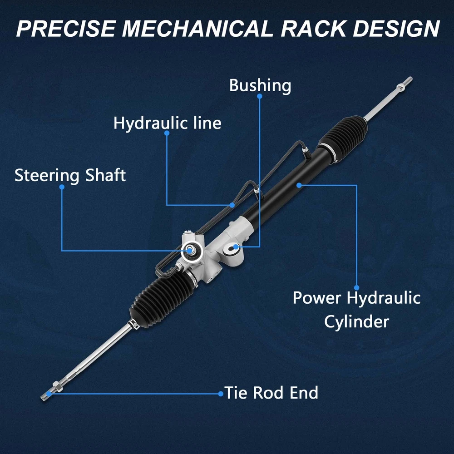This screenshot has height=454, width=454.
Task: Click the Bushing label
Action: click(x=260, y=86)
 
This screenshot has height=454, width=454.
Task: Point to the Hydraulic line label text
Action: click(x=168, y=123)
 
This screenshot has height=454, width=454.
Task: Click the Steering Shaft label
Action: click(x=70, y=175)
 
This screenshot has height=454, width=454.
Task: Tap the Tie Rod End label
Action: click(x=271, y=393)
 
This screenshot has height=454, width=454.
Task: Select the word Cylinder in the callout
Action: click(x=356, y=322)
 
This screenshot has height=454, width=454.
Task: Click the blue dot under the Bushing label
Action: click(x=260, y=96)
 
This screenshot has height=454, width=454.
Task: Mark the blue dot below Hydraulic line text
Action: click(x=167, y=133)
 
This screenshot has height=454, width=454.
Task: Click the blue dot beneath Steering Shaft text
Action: click(x=62, y=187)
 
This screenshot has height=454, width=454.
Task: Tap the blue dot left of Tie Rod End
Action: click(x=221, y=394)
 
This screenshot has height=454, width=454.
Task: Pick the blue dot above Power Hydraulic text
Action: click(x=357, y=287)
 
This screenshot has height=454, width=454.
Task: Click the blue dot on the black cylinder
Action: click(x=299, y=185)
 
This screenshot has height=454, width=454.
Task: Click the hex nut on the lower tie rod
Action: click(x=57, y=386)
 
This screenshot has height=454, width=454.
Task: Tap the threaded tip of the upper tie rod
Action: click(x=408, y=80)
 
